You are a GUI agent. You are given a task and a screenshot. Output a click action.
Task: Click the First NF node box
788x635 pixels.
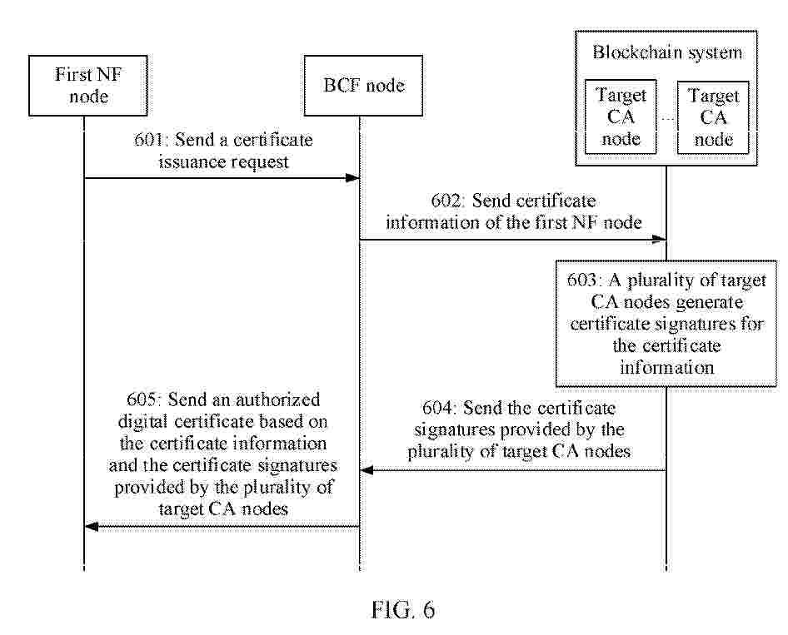click(88, 86)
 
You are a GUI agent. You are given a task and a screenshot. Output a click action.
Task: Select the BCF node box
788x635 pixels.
click(363, 86)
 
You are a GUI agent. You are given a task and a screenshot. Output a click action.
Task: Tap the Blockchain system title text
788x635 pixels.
click(667, 52)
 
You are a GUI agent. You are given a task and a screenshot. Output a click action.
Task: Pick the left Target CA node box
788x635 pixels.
click(621, 117)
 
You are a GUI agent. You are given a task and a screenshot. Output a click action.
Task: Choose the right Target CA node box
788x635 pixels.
click(713, 117)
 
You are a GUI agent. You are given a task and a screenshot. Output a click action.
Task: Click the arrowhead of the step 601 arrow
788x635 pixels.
click(353, 178)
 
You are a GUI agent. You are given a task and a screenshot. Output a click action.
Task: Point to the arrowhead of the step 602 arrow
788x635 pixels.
click(660, 240)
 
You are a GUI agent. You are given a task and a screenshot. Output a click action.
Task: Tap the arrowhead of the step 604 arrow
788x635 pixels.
click(367, 470)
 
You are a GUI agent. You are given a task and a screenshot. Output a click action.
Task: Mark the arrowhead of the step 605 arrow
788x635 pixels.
click(92, 527)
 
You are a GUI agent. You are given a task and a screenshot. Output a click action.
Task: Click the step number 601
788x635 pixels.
click(148, 140)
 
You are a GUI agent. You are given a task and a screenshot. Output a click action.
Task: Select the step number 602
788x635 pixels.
click(446, 201)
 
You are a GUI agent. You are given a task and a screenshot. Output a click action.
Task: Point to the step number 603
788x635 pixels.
click(582, 280)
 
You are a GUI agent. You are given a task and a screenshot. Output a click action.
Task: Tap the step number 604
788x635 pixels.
click(437, 408)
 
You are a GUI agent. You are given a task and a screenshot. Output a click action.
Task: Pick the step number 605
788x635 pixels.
click(142, 399)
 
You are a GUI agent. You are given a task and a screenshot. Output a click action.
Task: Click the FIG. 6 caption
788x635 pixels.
click(403, 610)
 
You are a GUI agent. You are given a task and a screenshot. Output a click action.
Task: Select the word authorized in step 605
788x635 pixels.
click(278, 399)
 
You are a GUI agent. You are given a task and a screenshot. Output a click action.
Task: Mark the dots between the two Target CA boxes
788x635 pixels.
click(667, 118)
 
